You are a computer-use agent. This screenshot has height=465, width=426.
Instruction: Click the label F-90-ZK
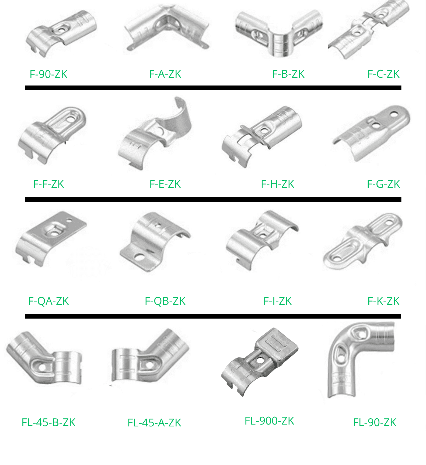pos(48,74)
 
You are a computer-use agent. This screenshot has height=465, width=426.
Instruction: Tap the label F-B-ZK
pos(288,74)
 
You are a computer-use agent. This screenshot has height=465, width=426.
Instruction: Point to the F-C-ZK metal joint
pos(368,30)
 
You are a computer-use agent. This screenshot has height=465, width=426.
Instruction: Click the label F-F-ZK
pos(48,184)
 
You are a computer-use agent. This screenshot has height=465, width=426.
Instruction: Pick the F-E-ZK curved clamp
pos(155,134)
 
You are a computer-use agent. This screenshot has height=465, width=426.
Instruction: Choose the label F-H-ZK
pos(278,184)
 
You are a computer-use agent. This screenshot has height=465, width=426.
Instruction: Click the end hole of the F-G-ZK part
pos(394,114)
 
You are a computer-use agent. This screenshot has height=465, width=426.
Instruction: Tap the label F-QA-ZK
pos(48,301)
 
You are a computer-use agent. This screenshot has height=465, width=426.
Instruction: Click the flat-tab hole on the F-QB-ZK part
pos(139,257)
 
